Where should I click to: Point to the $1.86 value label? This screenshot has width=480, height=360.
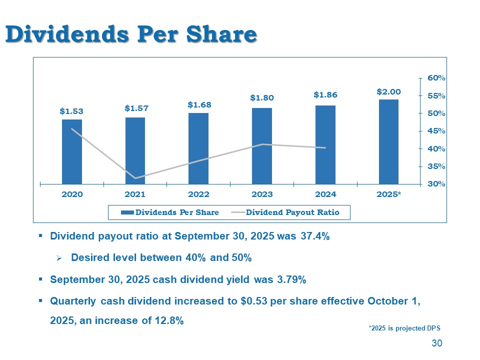pyautogui.click(x=325, y=94)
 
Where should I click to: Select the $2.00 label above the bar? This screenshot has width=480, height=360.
pyautogui.click(x=388, y=91)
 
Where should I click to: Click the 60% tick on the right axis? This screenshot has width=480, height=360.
pyautogui.click(x=436, y=78)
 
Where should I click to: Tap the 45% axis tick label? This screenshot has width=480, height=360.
pyautogui.click(x=436, y=131)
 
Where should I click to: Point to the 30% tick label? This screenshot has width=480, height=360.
pyautogui.click(x=436, y=184)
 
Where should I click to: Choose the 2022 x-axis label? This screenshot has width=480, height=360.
pyautogui.click(x=198, y=194)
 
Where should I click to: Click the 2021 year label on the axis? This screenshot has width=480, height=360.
pyautogui.click(x=135, y=194)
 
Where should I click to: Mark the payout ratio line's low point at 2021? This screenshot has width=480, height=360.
pyautogui.click(x=135, y=178)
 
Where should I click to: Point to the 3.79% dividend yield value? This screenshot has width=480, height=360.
pyautogui.click(x=291, y=280)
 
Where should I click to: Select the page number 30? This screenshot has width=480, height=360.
pyautogui.click(x=437, y=343)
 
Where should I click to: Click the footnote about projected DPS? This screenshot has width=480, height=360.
pyautogui.click(x=404, y=328)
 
